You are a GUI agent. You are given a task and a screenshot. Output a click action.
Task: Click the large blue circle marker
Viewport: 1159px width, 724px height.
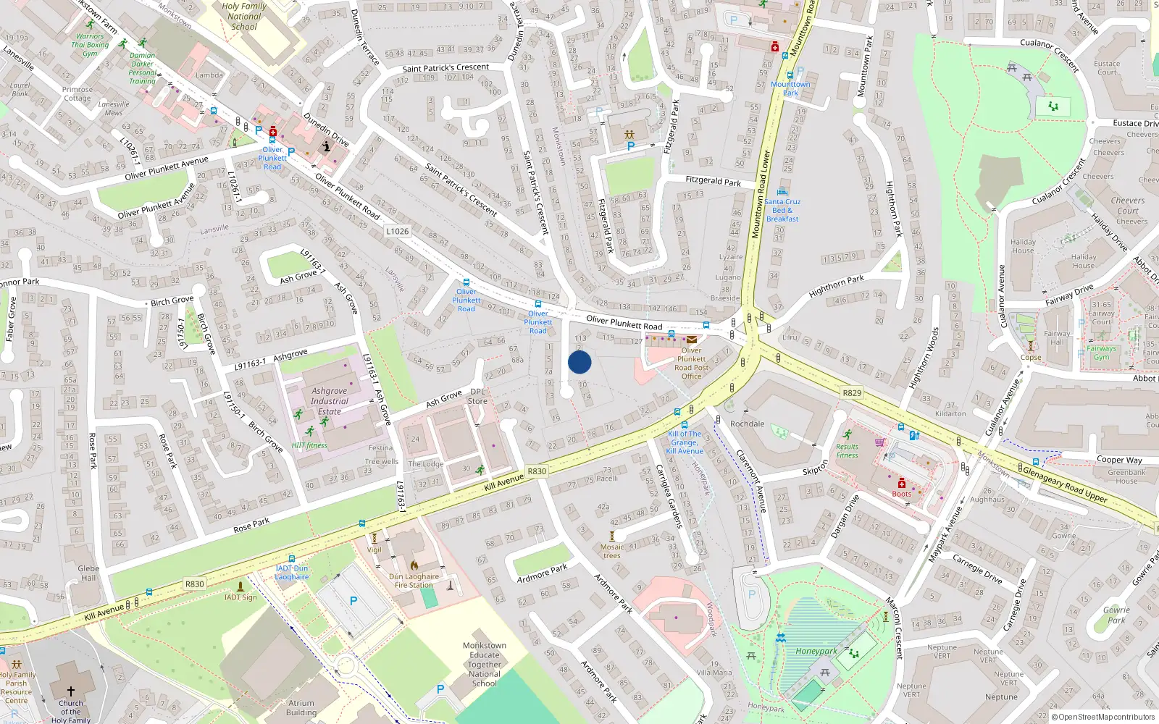point(579,362)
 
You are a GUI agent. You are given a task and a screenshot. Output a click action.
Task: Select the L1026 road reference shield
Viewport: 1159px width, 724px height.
point(397,231)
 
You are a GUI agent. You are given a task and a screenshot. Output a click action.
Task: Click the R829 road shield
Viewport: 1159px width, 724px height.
point(852,393)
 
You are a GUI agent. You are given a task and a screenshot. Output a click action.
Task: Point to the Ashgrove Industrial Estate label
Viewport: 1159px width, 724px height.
point(330,401)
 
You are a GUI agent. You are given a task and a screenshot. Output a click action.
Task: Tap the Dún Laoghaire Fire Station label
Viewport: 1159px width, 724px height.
point(414,581)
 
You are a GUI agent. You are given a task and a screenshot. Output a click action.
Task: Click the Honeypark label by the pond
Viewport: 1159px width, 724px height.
point(816,651)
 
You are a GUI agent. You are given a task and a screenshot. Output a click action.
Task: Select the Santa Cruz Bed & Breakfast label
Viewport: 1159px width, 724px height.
point(782,210)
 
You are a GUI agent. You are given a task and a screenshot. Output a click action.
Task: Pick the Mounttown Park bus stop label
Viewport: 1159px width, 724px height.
point(790,88)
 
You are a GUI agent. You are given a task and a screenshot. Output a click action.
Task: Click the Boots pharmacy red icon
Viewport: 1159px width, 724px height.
point(901,483)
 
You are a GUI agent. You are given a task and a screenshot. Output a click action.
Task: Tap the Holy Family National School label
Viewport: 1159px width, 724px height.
point(244,16)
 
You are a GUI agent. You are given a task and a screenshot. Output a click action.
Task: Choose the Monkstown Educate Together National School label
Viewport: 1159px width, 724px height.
point(484,664)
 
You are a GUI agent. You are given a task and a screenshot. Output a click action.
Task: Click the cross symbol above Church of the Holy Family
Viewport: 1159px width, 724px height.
point(71,692)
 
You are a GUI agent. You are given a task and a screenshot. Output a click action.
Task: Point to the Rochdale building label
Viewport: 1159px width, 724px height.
point(747,424)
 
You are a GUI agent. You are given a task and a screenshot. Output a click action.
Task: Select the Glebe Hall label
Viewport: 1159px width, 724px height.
point(88,573)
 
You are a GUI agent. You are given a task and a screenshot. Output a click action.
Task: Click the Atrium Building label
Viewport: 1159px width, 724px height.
point(301,707)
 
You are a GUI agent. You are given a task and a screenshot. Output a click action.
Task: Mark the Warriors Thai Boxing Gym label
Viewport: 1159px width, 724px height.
point(90,45)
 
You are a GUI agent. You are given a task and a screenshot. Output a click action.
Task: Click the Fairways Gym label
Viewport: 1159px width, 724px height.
point(1101,353)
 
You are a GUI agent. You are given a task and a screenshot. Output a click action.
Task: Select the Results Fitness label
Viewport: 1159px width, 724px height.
point(847,450)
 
